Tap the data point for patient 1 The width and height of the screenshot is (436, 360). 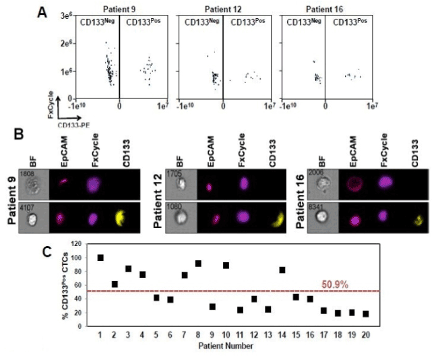(x=101, y=258)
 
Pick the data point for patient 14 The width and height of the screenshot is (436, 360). (x=282, y=270)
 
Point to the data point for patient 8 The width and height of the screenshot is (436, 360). (x=198, y=264)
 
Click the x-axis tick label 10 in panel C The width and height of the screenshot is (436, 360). (x=225, y=335)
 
